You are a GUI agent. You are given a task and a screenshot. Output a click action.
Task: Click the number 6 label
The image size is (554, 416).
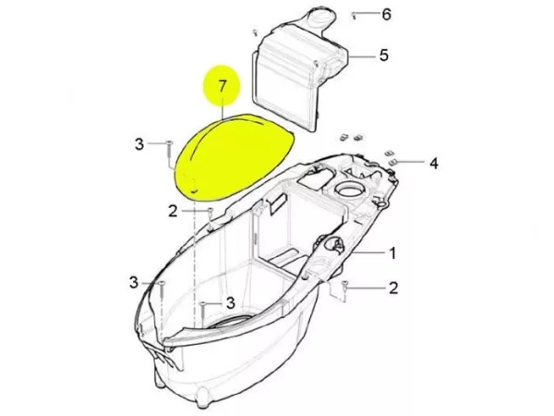tap(387, 15)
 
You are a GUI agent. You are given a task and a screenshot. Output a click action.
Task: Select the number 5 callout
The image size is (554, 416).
tap(384, 55)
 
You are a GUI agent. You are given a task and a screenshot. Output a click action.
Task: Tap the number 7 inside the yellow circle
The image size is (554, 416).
tap(222, 86)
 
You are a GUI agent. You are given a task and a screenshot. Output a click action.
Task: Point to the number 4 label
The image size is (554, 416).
tap(434, 163)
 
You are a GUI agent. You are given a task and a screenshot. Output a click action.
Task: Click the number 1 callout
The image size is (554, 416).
tap(392, 253)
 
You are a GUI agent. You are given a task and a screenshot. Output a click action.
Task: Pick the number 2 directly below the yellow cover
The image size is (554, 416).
tap(173, 212)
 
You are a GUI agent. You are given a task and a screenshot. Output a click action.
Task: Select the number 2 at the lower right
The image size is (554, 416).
tap(393, 288)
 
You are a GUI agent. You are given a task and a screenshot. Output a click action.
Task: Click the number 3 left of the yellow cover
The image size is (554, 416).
tap(139, 144)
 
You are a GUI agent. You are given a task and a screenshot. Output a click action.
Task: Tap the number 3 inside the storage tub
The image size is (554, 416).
tap(230, 302)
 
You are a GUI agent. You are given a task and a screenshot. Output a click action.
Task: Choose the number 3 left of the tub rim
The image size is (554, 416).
tap(134, 282)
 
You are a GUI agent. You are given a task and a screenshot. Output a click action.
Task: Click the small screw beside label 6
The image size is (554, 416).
tap(354, 15)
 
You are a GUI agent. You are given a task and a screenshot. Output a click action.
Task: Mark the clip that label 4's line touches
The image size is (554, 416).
tap(392, 162)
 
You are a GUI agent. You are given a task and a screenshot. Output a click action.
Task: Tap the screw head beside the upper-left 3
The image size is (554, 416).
tap(170, 142)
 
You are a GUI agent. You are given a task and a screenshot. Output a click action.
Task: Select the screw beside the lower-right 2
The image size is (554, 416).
tap(345, 286)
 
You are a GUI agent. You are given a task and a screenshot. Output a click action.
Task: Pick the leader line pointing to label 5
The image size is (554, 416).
tap(361, 56)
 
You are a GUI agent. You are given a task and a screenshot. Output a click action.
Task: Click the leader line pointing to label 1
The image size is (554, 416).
tap(368, 252)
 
